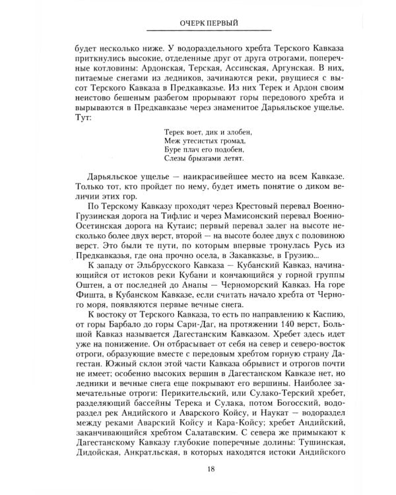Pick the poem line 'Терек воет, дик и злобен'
206,131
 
